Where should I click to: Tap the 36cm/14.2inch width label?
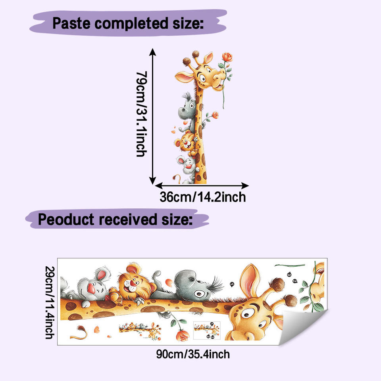point(202,197)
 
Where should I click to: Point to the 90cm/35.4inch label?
point(192,354)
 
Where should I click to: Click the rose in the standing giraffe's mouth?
point(227,58)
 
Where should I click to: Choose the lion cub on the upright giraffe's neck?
point(188,143)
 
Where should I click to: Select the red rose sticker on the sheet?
point(182,334)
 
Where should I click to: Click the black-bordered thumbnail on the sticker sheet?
point(206,330)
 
